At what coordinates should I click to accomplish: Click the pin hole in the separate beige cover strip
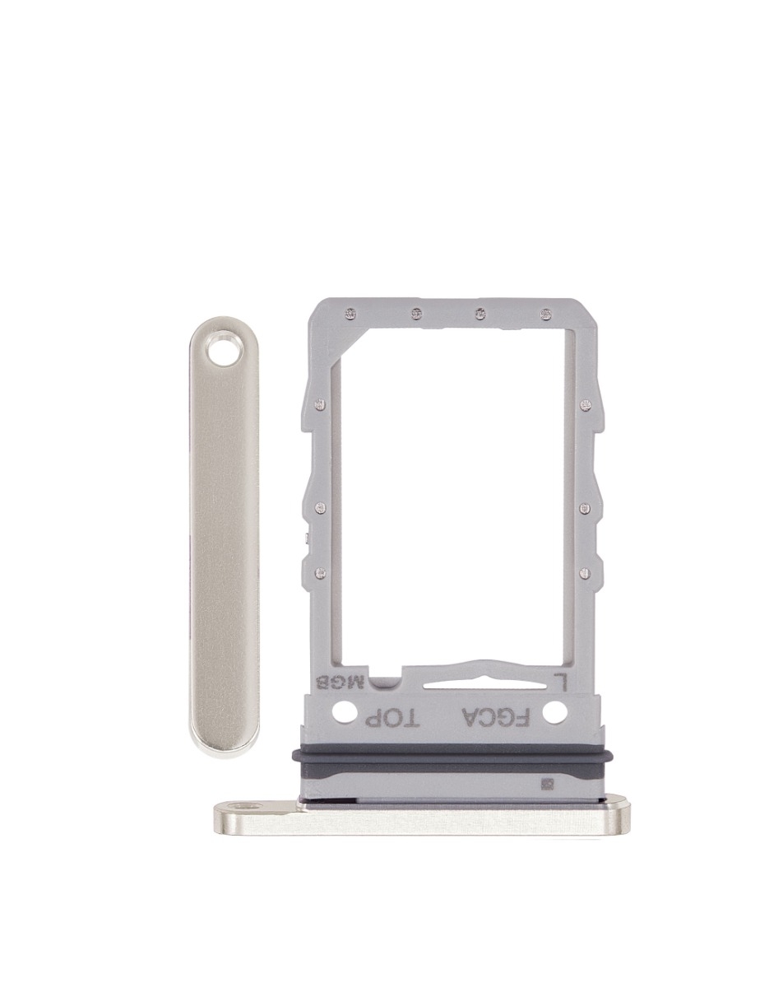point(222,353)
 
